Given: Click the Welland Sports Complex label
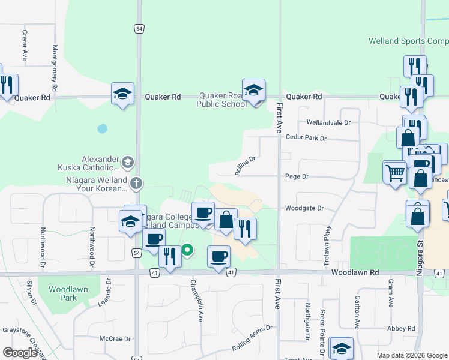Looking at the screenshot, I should click(x=408, y=41).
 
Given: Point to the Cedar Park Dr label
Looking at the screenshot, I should click(x=306, y=138).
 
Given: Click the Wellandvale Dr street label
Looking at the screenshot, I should click(x=328, y=122).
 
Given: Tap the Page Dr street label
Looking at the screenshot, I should click(x=297, y=176).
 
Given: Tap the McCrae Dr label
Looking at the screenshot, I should click(x=115, y=339).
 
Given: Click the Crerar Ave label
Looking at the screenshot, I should click(x=25, y=46).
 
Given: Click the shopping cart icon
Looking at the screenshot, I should click(x=395, y=173).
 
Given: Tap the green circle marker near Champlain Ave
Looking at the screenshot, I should click(x=188, y=250).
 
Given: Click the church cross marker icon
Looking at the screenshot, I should click(x=136, y=183).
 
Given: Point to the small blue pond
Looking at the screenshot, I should click(x=102, y=128).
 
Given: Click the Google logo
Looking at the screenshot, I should click(x=20, y=353).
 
